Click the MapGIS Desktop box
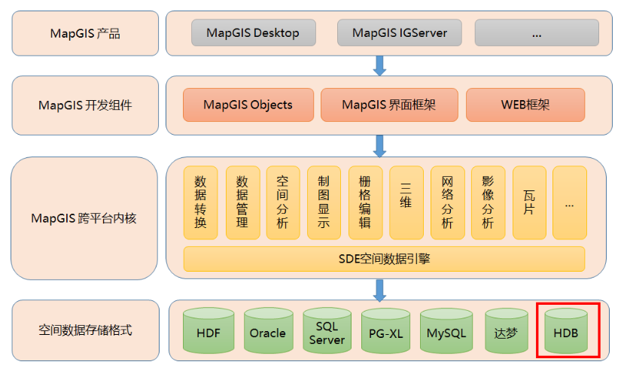pyautogui.click(x=253, y=33)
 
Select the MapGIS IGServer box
pyautogui.click(x=400, y=33)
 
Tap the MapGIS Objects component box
pyautogui.click(x=248, y=105)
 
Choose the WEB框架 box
pyautogui.click(x=525, y=105)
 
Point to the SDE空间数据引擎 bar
pyautogui.click(x=384, y=259)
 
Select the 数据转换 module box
pyautogui.click(x=201, y=202)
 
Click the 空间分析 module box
pyautogui.click(x=282, y=202)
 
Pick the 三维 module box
pyautogui.click(x=406, y=202)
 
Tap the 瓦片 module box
pyautogui.click(x=528, y=202)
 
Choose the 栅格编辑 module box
pyautogui.click(x=365, y=202)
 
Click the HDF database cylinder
pyautogui.click(x=208, y=332)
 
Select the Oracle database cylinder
pyautogui.click(x=268, y=332)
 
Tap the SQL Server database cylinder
pyautogui.click(x=327, y=332)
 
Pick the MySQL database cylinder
pyautogui.click(x=446, y=332)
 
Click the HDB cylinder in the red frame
pyautogui.click(x=567, y=332)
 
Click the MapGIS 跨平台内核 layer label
pyautogui.click(x=84, y=218)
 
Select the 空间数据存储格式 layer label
pyautogui.click(x=84, y=330)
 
